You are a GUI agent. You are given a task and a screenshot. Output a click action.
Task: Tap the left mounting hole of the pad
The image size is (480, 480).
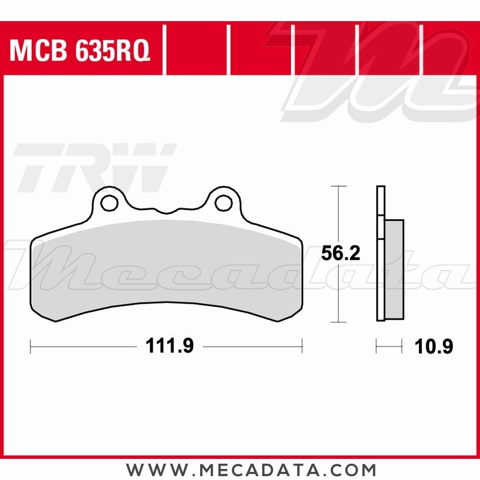110,203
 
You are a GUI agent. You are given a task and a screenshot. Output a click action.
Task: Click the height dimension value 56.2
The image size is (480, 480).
340,254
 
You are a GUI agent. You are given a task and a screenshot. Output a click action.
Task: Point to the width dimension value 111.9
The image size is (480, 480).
169,346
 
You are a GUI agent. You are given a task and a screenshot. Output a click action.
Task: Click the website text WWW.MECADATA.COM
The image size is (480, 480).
251,469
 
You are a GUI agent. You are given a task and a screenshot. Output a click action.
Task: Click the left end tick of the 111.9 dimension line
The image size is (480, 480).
31,346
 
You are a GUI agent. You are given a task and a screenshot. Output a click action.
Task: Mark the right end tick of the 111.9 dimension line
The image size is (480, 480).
302,346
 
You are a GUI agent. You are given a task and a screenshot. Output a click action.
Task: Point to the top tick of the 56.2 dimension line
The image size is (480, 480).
339,186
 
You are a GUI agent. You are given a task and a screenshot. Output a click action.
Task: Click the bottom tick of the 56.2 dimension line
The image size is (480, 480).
339,322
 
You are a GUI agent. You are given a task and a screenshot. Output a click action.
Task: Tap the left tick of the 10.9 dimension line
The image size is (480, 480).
377,346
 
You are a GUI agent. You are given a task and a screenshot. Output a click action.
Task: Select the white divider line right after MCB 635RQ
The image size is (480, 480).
164,50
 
